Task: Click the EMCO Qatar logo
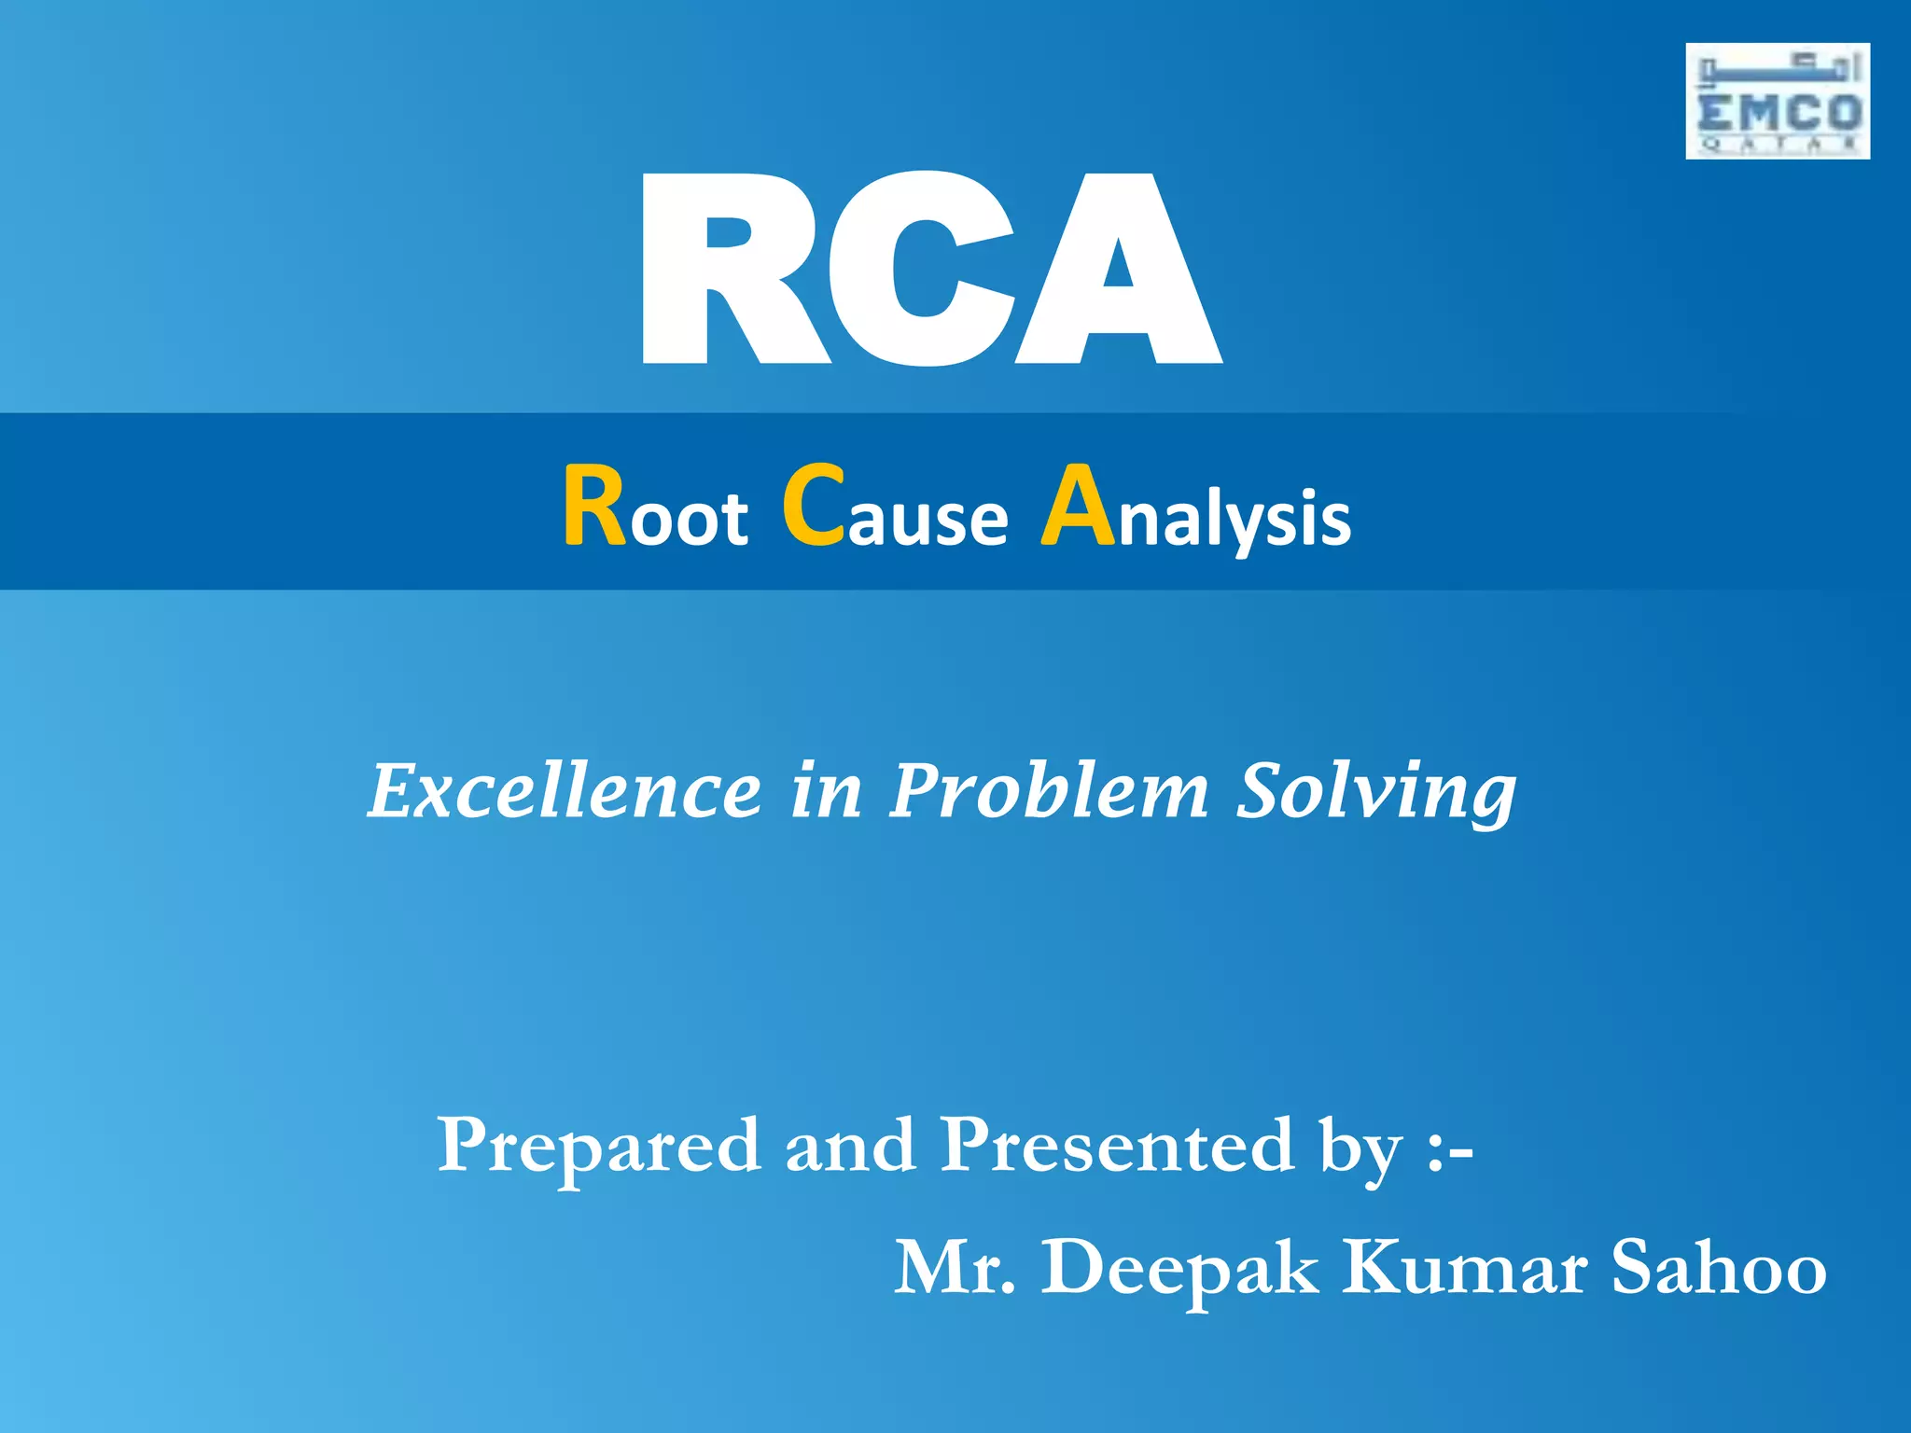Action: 1777,101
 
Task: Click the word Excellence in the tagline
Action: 565,791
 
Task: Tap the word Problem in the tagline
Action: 1049,791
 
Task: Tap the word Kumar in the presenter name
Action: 1465,1269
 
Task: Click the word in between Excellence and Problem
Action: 826,791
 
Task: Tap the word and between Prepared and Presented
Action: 849,1146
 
